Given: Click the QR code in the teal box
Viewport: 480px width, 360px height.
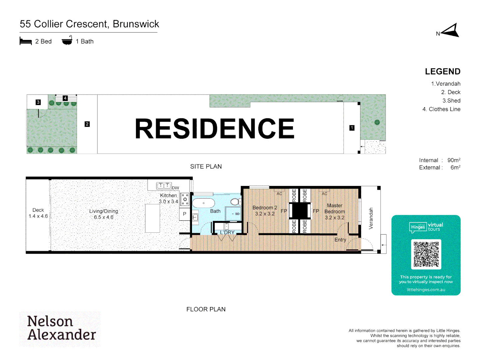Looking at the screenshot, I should pos(426,254).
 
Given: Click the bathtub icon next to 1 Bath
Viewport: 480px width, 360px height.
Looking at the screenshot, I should pos(67,41).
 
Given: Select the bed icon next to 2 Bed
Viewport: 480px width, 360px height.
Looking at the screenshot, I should pos(26,41).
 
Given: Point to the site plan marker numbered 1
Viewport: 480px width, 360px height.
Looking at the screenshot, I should pos(352,128).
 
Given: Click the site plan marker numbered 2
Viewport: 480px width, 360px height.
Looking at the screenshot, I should pos(87,124).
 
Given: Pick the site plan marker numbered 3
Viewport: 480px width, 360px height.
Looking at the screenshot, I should pos(38,102).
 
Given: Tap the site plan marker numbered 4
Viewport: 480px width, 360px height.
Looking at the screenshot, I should pos(65,98).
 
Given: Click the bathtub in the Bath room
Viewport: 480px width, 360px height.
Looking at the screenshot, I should pos(204,203).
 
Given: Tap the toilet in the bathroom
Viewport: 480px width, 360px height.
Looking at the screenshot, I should pos(235,201).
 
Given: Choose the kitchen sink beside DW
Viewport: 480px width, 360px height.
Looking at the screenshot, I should pos(164,186).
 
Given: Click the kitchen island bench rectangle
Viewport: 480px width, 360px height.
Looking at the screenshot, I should pos(152,218).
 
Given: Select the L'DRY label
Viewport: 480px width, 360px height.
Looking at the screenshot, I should pos(227,232).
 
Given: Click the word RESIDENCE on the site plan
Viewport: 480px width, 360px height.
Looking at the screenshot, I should pos(215,128).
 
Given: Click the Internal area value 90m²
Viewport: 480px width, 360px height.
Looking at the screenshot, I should pos(454,160).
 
